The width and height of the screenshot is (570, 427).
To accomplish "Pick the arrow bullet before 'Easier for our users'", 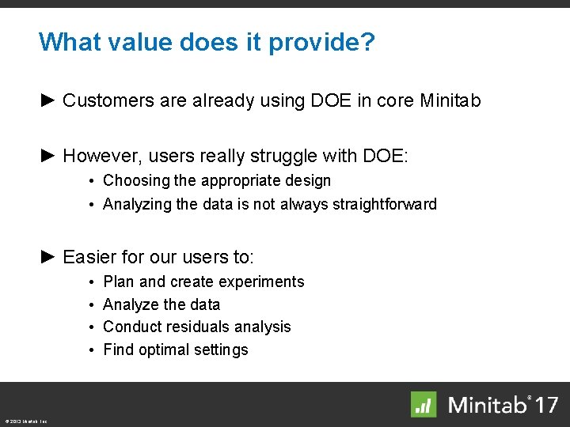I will point(47,256).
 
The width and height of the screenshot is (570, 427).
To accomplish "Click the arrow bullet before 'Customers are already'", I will point(47,100).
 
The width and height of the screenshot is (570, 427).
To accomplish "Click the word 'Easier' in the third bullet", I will point(88,257).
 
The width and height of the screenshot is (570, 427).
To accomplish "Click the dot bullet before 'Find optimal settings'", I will point(93,350).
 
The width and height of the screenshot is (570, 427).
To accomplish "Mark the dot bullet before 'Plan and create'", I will point(93,282).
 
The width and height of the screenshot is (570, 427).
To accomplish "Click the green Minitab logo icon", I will point(424,404).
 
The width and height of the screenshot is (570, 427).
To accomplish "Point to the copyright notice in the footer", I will point(25,421).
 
